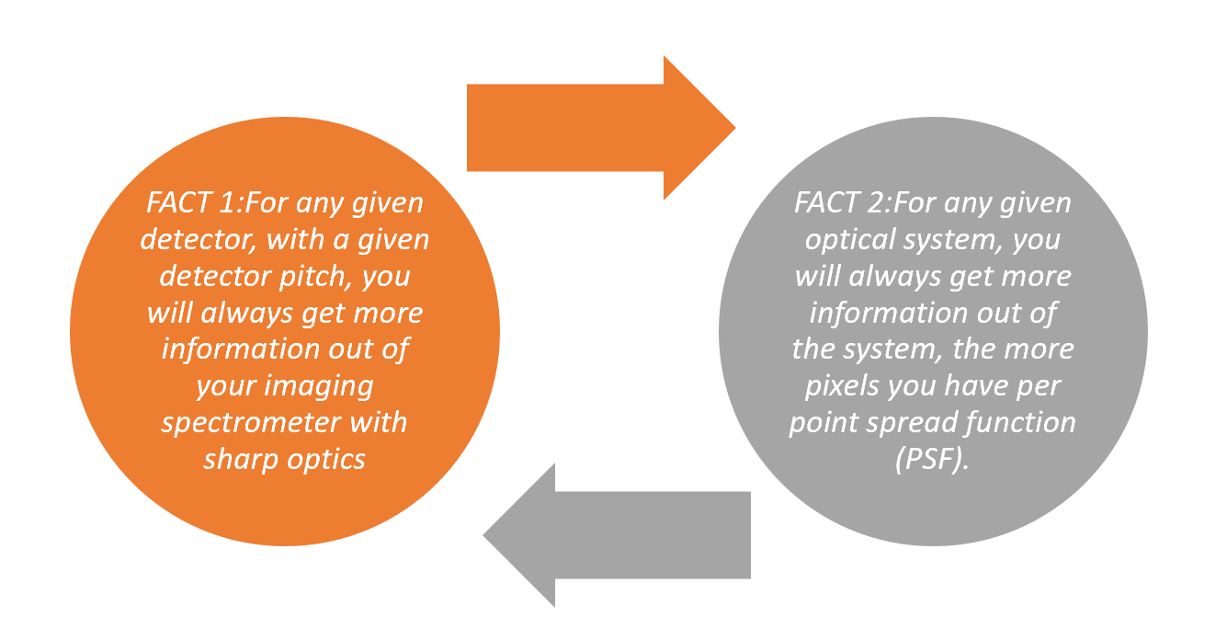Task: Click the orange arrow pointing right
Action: coord(588,127)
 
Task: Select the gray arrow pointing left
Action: coord(625,535)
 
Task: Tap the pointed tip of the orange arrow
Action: coord(733,127)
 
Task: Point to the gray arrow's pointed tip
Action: coord(487,535)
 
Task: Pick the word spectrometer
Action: coord(284,422)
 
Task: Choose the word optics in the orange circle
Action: coord(326,459)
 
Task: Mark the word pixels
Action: coord(842,385)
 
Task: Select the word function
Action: coord(1020,422)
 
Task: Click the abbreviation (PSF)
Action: coord(932,459)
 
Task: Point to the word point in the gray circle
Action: coord(820,422)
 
